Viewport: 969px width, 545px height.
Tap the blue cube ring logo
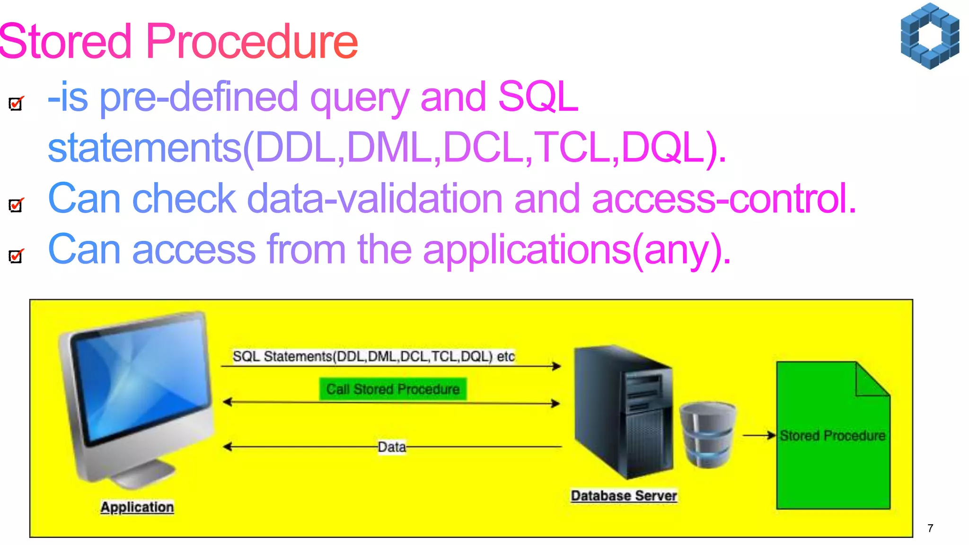tap(930, 36)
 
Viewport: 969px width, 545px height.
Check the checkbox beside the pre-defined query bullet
tap(16, 103)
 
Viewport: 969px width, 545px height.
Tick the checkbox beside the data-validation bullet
tap(16, 205)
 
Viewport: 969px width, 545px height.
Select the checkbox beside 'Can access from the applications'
tap(16, 256)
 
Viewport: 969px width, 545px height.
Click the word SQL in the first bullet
tap(538, 97)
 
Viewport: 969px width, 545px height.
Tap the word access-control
tap(723, 199)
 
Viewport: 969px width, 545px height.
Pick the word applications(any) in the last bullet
tap(577, 250)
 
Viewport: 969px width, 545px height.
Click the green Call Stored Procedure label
tap(393, 389)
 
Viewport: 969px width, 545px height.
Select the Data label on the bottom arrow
tap(392, 447)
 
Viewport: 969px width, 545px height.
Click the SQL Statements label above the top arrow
tap(373, 356)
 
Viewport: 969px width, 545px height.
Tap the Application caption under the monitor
tap(137, 507)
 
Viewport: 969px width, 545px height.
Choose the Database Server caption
tap(624, 495)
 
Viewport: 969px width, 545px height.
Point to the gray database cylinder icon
tap(708, 434)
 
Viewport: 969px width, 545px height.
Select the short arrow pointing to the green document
tap(759, 435)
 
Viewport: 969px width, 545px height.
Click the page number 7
tap(930, 528)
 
